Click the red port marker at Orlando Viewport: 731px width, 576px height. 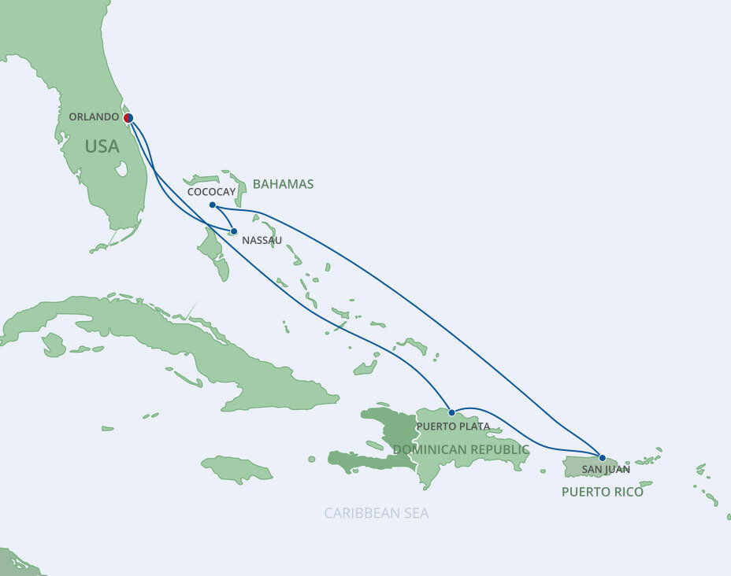pos(128,118)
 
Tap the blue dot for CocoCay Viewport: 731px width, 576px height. pos(213,205)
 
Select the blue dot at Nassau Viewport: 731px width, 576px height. pos(234,231)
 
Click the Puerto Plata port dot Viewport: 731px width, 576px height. pos(451,412)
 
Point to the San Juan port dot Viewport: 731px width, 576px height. pos(603,457)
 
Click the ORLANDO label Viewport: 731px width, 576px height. pos(95,116)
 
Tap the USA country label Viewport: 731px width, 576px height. pos(102,146)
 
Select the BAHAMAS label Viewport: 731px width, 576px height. pos(283,184)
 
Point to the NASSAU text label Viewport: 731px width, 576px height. pos(262,241)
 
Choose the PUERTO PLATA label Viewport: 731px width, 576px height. pos(454,426)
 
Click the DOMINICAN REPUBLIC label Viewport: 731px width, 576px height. pos(461,449)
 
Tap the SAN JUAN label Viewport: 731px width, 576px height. pos(606,470)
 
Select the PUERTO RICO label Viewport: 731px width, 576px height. pos(602,492)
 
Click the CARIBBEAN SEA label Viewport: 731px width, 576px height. pos(377,513)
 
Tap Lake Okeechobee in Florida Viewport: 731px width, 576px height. pos(121,169)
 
